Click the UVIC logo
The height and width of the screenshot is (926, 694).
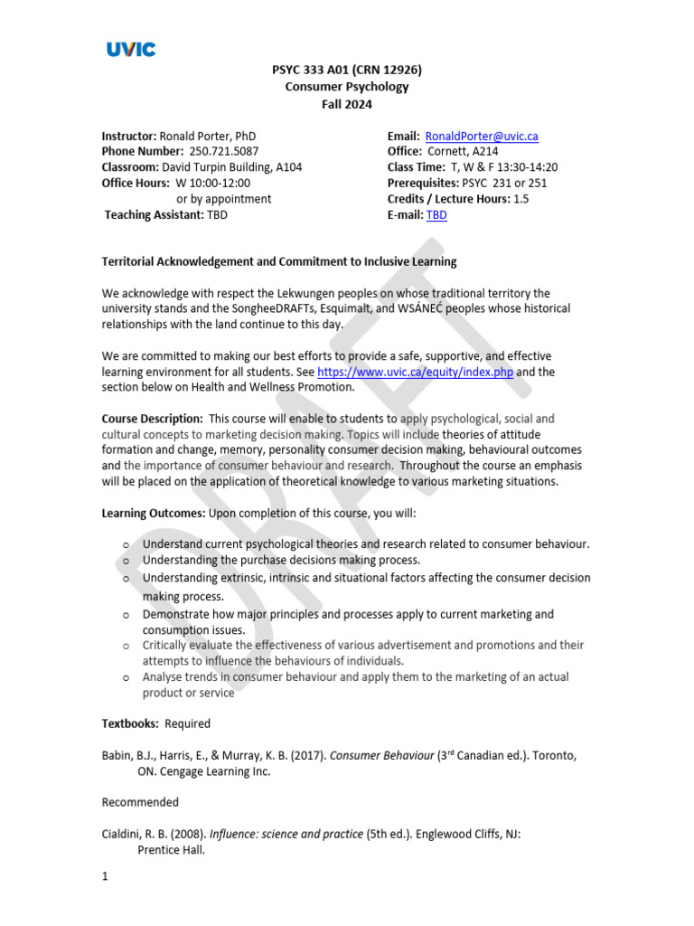[131, 49]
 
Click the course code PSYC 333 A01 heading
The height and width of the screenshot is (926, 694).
[346, 70]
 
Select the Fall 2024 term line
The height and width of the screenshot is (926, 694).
[346, 104]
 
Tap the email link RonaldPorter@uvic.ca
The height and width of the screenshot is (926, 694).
[481, 137]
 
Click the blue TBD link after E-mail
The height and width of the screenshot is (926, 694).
[436, 214]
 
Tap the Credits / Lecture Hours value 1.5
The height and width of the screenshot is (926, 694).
[521, 199]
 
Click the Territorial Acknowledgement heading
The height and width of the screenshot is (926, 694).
[279, 261]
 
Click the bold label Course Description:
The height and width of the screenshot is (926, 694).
[152, 419]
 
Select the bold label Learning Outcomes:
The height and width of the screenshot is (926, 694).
[154, 513]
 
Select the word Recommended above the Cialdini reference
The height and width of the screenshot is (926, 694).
[140, 802]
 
